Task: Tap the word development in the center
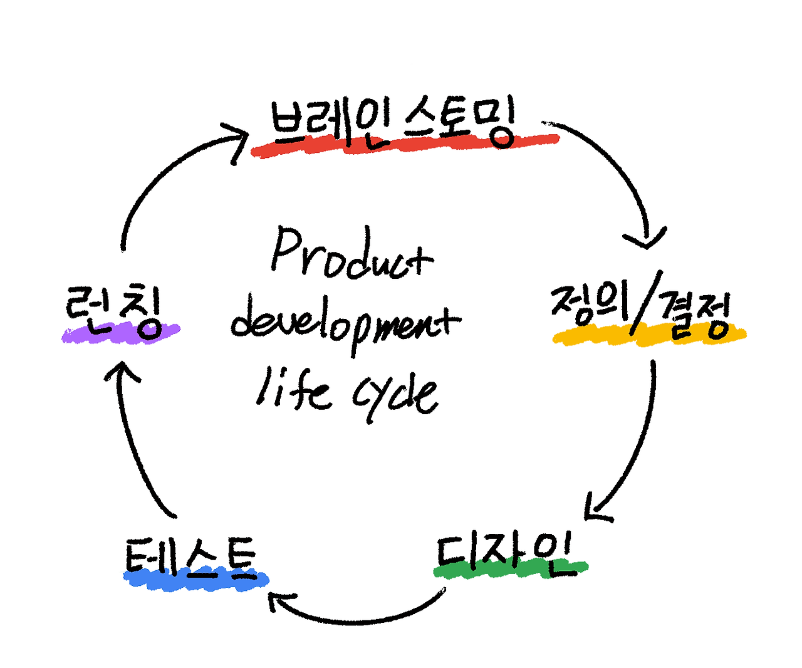point(346,323)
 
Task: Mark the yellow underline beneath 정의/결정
point(649,335)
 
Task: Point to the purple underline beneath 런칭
point(120,333)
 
